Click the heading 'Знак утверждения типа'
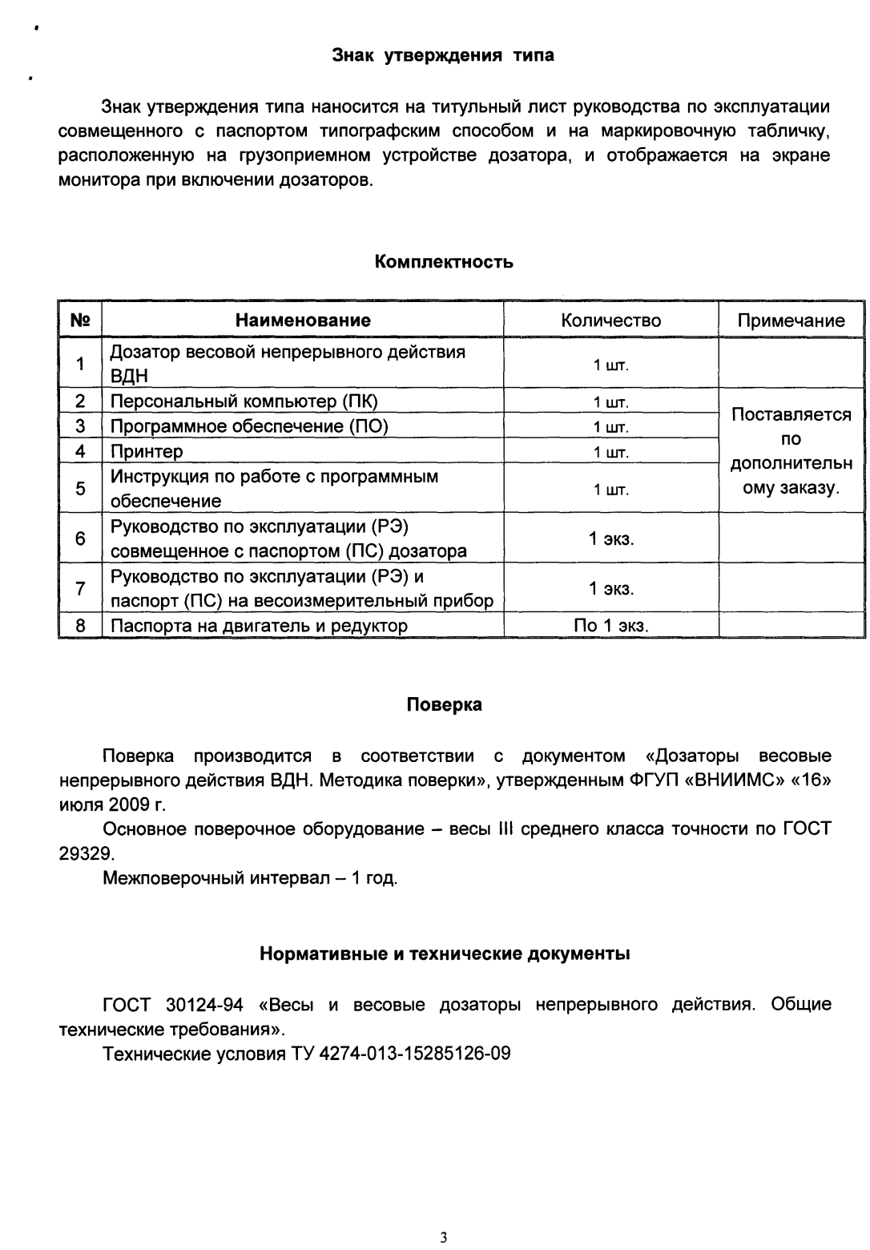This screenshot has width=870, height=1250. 443,56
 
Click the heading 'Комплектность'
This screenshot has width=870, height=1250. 444,262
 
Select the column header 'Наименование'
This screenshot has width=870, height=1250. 303,321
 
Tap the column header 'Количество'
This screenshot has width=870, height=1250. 610,321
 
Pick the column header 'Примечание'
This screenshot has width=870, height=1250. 791,321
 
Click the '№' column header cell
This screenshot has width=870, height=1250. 80,321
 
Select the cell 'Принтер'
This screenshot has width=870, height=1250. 147,452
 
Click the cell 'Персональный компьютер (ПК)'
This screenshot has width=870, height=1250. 244,401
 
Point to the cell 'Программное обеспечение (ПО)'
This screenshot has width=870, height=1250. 249,426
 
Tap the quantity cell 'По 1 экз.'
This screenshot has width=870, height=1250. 610,626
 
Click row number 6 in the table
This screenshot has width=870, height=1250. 80,538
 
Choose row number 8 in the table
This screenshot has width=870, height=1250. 80,626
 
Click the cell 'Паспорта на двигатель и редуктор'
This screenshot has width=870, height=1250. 259,626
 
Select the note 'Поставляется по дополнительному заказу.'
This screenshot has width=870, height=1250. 791,451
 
